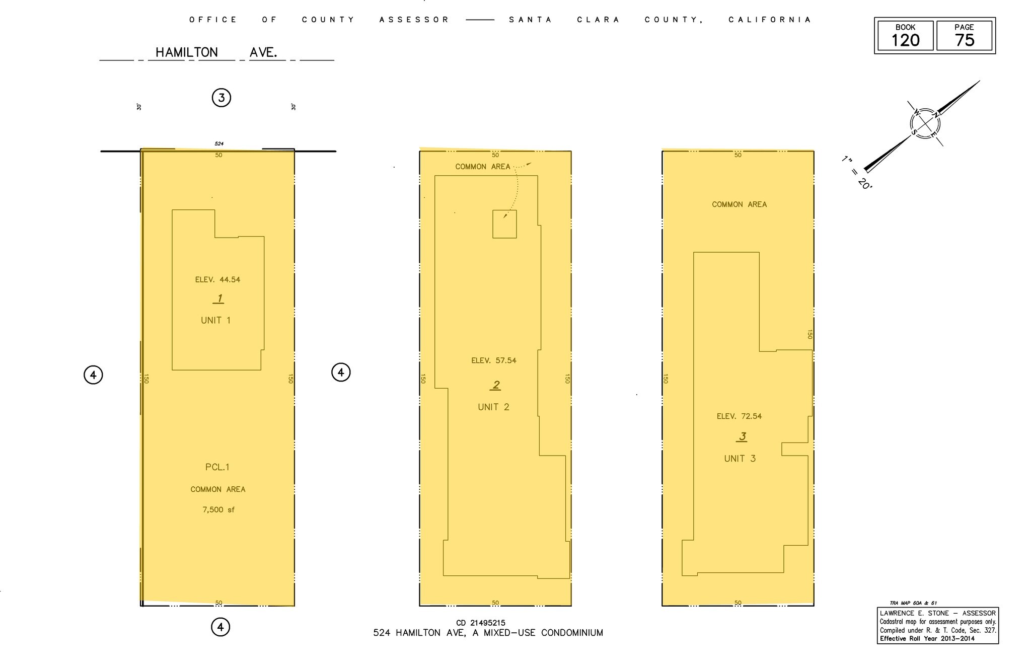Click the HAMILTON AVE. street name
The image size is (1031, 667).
[216, 52]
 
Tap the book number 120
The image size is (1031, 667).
[905, 40]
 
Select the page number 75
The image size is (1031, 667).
[964, 40]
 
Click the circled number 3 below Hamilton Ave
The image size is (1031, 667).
[221, 98]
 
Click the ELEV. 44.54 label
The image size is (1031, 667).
[217, 280]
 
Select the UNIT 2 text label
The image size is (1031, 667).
[493, 407]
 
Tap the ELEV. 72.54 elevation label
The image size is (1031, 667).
[739, 416]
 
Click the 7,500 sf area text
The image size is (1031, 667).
[218, 510]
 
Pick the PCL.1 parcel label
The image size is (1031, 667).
[217, 467]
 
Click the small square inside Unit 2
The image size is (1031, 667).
[504, 224]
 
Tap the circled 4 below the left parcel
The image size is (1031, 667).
[220, 627]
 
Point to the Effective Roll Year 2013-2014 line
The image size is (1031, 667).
[927, 639]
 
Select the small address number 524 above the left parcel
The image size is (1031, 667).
[219, 144]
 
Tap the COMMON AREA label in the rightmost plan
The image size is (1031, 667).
[739, 204]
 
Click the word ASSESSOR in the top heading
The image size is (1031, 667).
[414, 20]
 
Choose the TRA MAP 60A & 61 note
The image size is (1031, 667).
[913, 603]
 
